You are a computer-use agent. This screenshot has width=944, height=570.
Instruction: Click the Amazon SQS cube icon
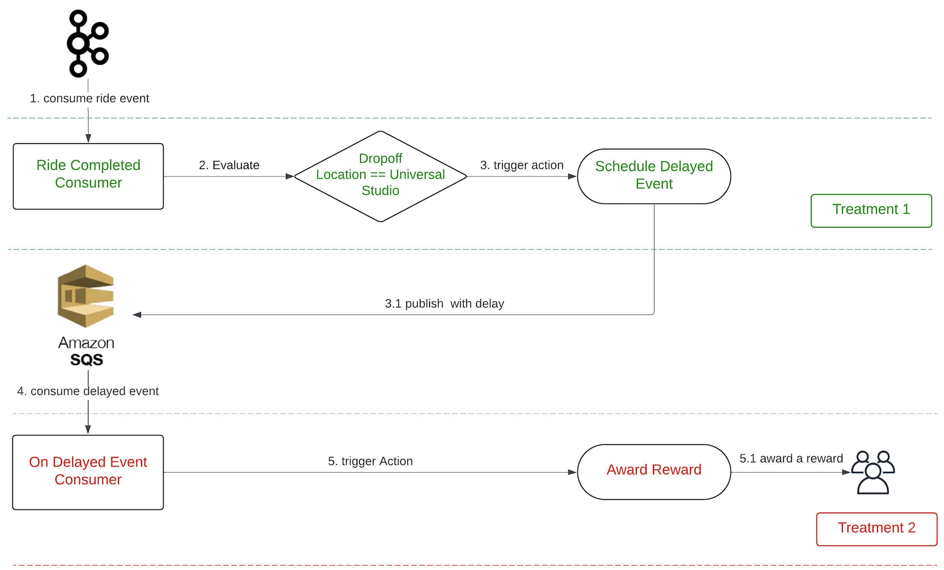[86, 296]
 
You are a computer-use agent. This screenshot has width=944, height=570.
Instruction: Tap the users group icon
[873, 472]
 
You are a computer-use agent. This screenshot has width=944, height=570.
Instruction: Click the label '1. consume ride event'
[89, 98]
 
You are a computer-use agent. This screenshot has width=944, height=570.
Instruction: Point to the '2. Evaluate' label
[229, 165]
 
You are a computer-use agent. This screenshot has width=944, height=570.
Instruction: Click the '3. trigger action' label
[522, 165]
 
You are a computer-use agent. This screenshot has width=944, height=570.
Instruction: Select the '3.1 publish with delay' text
[444, 303]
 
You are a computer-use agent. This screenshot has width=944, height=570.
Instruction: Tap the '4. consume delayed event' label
[88, 391]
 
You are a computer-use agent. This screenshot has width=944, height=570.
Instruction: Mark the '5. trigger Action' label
[370, 461]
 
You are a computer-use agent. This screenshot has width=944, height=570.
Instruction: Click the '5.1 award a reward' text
[791, 458]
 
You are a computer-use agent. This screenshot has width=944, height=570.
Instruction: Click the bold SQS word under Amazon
[86, 359]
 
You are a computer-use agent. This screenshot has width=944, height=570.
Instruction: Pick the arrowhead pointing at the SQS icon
[137, 314]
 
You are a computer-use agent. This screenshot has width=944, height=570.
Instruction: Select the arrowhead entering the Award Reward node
[572, 472]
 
